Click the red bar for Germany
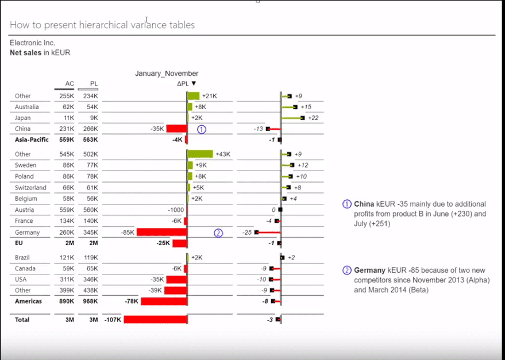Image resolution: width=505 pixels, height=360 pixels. tap(161, 233)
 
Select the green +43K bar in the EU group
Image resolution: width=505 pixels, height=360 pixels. tap(199, 154)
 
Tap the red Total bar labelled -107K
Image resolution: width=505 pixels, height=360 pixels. tap(155, 319)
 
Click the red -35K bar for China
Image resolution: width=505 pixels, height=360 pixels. tap(176, 129)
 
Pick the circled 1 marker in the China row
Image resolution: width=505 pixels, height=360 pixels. tap(201, 129)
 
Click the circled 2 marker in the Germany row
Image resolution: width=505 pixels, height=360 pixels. tap(218, 233)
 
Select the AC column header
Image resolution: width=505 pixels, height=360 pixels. tap(70, 84)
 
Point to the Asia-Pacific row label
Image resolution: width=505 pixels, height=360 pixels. tap(32, 140)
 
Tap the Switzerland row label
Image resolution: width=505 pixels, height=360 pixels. tap(31, 188)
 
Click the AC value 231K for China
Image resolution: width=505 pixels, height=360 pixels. tap(67, 129)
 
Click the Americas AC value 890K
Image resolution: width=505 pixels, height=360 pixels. tap(67, 301)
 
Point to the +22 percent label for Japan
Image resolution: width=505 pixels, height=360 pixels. tap(313, 118)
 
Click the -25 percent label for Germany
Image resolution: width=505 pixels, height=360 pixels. tap(247, 233)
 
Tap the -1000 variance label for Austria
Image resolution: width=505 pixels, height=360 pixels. tap(176, 210)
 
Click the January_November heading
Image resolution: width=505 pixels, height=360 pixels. tap(167, 73)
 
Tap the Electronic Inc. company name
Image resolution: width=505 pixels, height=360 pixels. tap(32, 43)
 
